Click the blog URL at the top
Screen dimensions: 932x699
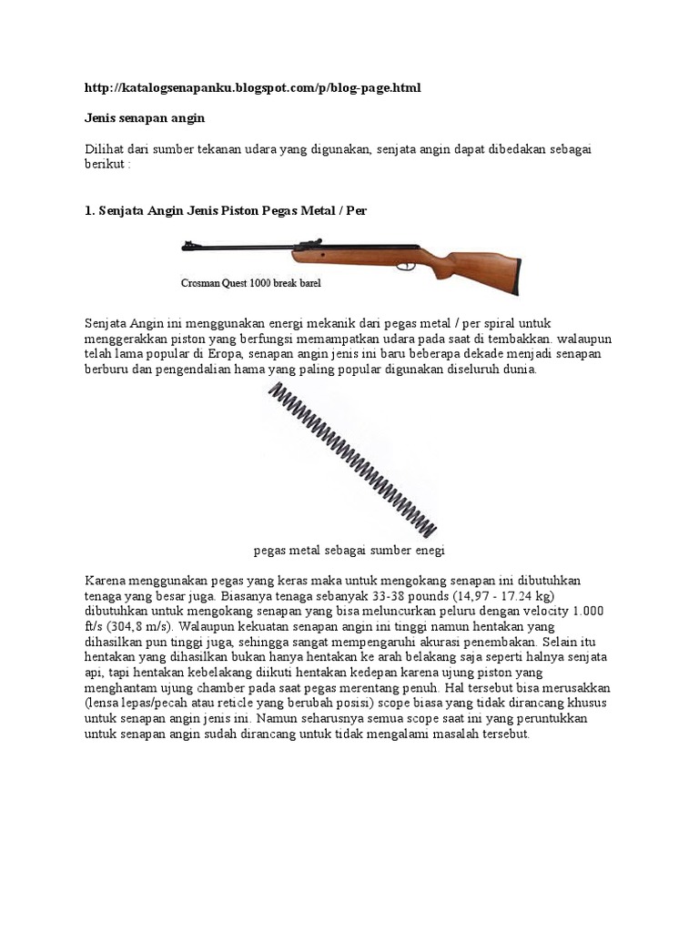coord(253,87)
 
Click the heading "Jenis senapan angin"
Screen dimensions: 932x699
coord(145,118)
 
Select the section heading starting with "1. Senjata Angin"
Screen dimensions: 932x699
coord(226,210)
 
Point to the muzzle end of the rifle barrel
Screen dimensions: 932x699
coord(187,244)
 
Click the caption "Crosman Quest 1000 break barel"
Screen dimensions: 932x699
coord(251,283)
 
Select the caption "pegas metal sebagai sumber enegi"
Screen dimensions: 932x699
coord(349,551)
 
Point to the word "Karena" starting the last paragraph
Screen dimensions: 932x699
coord(107,581)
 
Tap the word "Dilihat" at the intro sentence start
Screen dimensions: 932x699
coord(106,149)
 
